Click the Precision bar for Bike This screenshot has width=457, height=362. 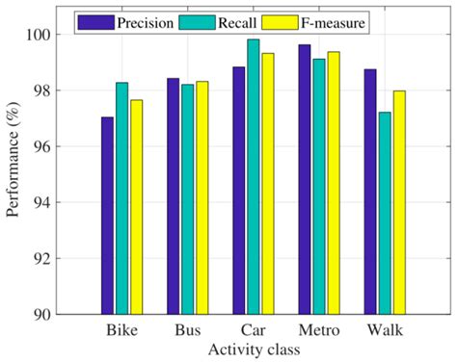tap(107, 216)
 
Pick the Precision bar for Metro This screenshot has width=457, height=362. tap(305, 179)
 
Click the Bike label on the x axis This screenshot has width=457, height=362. tap(121, 330)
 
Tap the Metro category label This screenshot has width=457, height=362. tap(318, 330)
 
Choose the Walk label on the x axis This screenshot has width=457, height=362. tap(386, 330)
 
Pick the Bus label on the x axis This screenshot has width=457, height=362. tap(187, 330)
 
